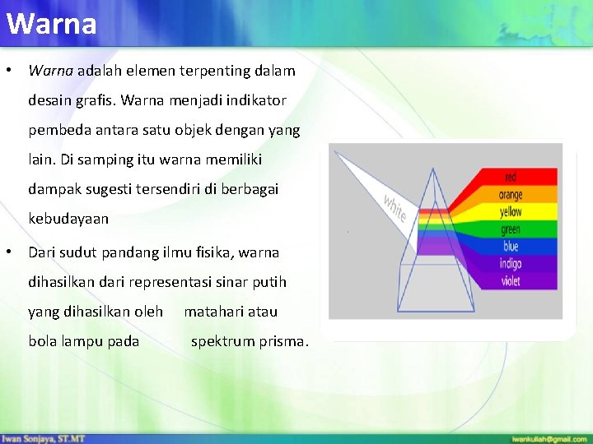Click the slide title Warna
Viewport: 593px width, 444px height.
click(51, 24)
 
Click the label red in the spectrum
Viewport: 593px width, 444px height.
click(511, 178)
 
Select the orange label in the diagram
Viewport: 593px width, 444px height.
click(511, 195)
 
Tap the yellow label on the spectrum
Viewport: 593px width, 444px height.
click(511, 212)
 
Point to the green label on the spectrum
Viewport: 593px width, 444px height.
click(511, 229)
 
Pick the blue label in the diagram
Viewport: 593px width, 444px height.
click(511, 247)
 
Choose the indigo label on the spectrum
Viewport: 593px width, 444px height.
click(511, 264)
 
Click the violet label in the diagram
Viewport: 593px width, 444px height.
click(511, 281)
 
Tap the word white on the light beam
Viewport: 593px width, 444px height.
click(394, 206)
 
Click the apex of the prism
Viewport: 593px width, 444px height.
click(433, 169)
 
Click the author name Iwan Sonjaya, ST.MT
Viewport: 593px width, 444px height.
click(43, 439)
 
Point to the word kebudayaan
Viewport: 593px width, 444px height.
click(68, 220)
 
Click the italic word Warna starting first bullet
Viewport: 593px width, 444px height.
click(51, 71)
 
